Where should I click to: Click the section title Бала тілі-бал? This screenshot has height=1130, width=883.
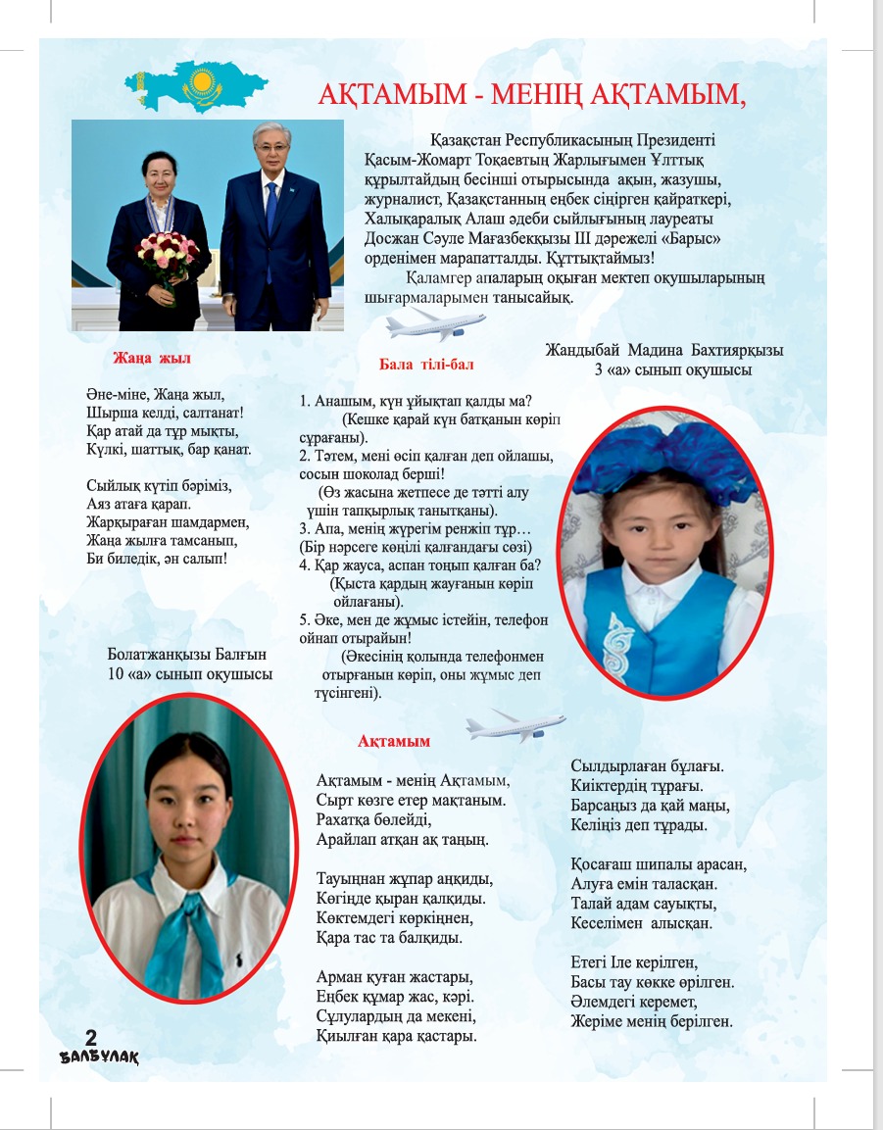[426, 365]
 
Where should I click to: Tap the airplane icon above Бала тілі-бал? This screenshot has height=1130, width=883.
[435, 324]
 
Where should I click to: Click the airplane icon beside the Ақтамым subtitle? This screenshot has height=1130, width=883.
[515, 727]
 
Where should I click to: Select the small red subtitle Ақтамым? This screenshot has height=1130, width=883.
[394, 741]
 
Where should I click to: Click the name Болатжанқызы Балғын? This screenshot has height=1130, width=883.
[187, 654]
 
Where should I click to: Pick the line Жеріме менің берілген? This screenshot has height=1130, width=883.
[651, 1022]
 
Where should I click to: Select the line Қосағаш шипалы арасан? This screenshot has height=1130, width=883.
[659, 864]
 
